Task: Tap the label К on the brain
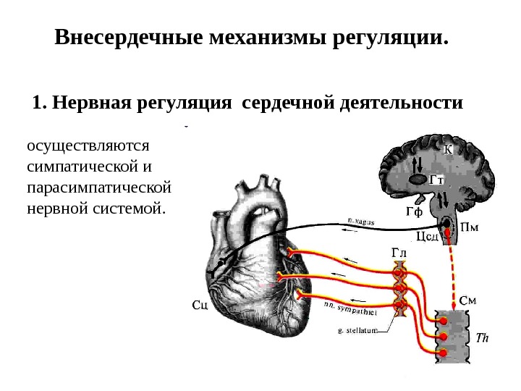(x=447, y=150)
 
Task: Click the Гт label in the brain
(x=436, y=178)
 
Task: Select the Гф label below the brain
(x=413, y=211)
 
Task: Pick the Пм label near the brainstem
(x=470, y=226)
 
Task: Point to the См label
(x=469, y=299)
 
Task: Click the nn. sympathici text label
(x=349, y=309)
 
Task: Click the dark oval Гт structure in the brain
(x=418, y=178)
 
